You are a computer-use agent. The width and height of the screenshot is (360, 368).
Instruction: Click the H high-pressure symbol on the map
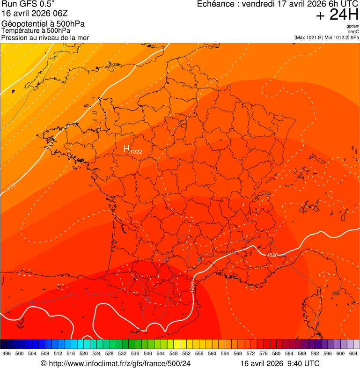[x=126, y=148]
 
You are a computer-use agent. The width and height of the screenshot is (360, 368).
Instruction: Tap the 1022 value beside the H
[x=136, y=152]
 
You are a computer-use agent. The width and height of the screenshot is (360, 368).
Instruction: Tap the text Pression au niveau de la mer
[x=45, y=37]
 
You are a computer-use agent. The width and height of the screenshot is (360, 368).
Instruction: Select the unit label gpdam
[x=353, y=26]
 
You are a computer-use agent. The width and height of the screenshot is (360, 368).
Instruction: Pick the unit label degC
[x=353, y=31]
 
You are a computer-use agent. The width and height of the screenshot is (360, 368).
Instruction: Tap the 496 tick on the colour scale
[x=7, y=353]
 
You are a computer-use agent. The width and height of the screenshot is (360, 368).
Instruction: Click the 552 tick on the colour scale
[x=186, y=353]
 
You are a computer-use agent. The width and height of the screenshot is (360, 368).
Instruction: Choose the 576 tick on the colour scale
[x=263, y=353]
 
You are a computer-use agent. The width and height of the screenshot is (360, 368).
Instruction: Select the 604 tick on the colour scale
[x=353, y=353]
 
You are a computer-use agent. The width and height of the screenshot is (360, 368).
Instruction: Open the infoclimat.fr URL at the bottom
[x=119, y=363]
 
